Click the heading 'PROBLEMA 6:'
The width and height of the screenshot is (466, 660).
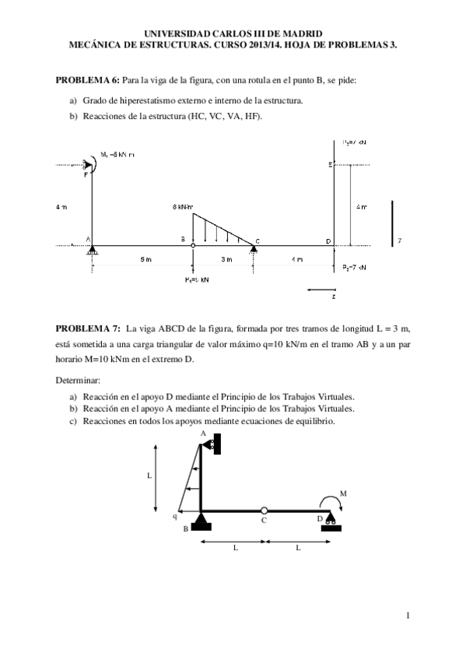(87, 80)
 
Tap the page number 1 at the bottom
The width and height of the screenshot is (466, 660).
(407, 616)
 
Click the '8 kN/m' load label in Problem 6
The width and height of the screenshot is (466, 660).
(183, 207)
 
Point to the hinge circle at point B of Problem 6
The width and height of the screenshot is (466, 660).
(193, 245)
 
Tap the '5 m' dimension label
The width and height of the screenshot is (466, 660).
(145, 258)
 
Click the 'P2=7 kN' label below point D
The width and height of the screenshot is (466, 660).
(354, 267)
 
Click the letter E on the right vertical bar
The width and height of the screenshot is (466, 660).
(330, 164)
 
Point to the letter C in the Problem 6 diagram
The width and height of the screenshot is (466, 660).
(258, 240)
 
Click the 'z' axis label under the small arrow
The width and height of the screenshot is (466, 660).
(334, 297)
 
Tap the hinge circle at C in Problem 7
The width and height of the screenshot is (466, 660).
(265, 511)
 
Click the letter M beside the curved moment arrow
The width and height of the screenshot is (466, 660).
(343, 493)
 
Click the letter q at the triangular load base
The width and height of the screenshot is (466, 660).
(175, 515)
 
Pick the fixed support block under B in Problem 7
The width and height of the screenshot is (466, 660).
(201, 522)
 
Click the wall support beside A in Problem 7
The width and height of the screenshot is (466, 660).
(215, 444)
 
